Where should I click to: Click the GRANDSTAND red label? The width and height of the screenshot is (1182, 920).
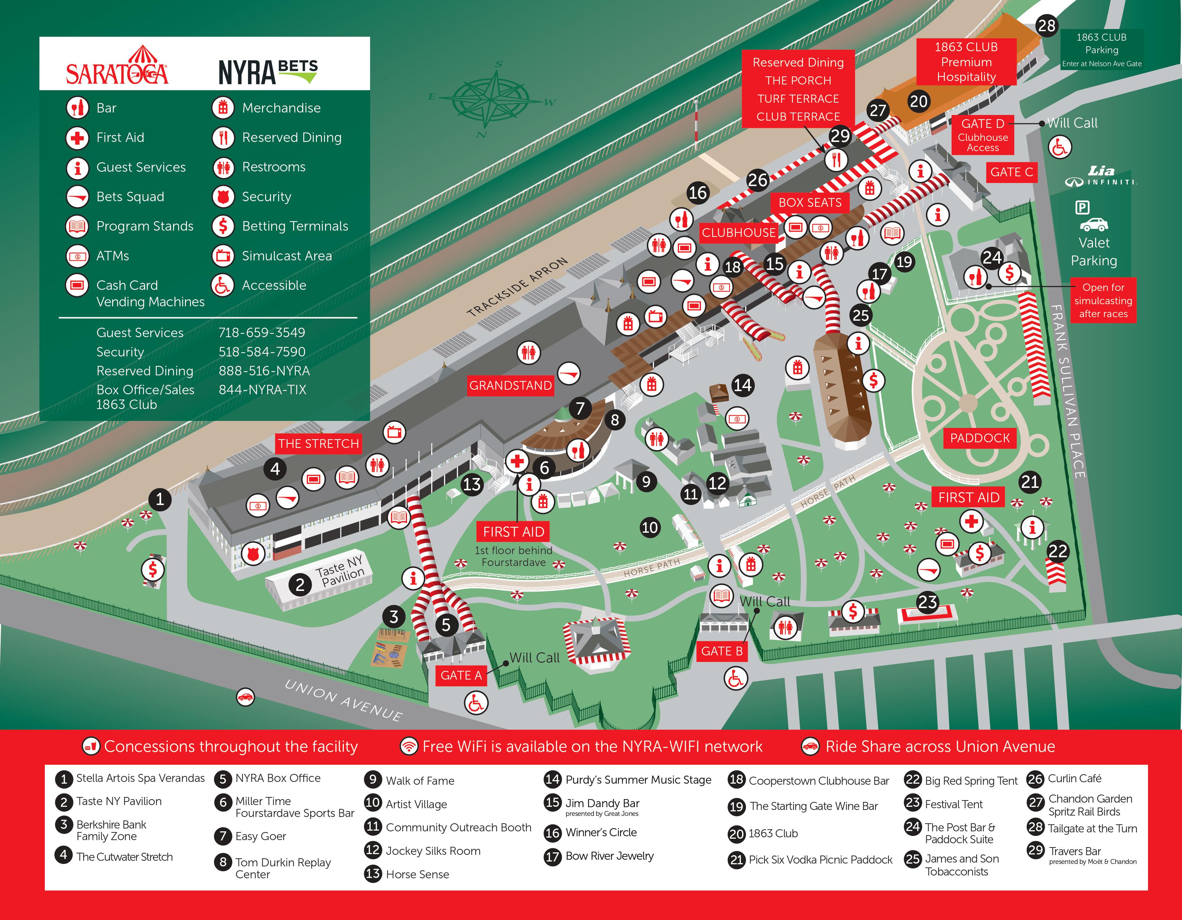tap(510, 386)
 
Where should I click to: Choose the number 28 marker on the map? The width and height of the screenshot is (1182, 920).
tap(1046, 26)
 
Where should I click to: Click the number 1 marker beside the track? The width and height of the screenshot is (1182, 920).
tap(160, 499)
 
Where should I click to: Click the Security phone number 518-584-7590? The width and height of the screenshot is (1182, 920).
tap(262, 352)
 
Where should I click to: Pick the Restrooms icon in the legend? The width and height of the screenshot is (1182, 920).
tap(223, 167)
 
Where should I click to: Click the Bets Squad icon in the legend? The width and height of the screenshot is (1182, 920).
tap(77, 197)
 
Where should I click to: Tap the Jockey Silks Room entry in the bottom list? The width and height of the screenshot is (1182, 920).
tap(433, 851)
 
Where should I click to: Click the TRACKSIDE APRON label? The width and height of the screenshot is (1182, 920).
tap(517, 286)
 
